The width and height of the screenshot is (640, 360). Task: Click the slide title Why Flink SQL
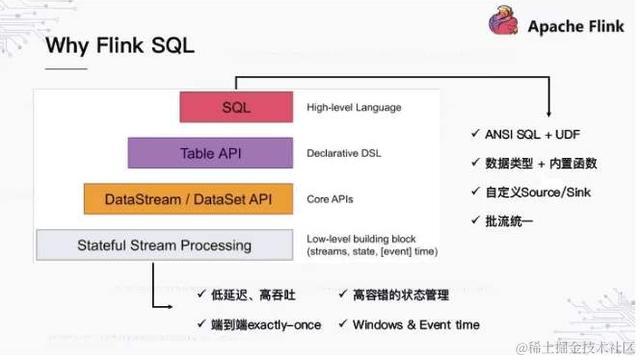(x=121, y=46)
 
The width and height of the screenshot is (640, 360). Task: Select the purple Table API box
(x=210, y=153)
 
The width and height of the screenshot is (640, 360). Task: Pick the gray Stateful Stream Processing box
(x=164, y=244)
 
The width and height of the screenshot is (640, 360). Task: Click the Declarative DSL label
(x=344, y=154)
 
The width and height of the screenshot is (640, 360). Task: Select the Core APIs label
(x=331, y=198)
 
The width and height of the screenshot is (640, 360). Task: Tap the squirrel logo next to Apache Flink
(x=504, y=24)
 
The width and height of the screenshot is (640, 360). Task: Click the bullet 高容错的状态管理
(x=400, y=296)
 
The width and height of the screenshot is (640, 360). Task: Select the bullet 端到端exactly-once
(x=269, y=324)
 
